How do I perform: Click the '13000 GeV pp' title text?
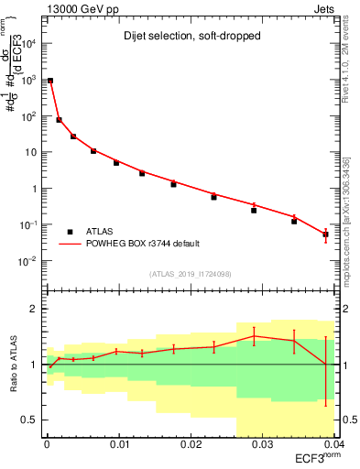78,8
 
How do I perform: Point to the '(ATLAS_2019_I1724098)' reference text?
190,273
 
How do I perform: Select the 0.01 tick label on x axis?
119,444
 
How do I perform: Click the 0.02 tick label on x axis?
191,444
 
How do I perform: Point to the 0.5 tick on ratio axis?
33,420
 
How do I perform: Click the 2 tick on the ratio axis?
38,309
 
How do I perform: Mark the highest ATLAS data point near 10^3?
50,81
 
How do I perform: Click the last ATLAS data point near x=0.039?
325,234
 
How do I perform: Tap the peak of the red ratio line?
254,336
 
